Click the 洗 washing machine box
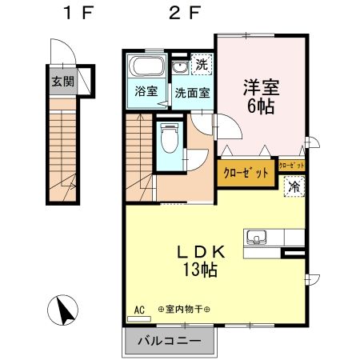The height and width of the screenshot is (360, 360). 202,65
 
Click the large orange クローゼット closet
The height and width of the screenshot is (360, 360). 245,173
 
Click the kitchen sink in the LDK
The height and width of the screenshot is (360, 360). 258,237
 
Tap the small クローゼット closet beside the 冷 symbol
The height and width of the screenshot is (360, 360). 293,166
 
